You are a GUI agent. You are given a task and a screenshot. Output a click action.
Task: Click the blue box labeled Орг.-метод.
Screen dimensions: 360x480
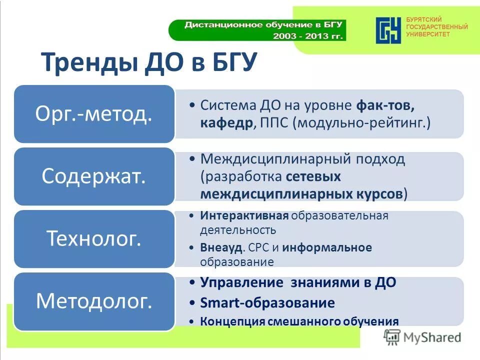93,114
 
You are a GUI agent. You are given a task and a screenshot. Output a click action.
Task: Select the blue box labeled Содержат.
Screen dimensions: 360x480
93,176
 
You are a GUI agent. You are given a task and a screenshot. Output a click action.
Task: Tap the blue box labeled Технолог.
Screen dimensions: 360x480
93,238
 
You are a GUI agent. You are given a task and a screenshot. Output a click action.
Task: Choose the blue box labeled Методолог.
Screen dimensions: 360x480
93,300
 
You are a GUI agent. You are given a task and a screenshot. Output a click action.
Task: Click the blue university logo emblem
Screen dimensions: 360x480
388,30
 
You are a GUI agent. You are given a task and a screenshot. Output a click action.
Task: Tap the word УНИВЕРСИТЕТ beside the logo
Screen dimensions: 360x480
428,34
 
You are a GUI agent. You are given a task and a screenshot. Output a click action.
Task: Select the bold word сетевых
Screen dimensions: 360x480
313,176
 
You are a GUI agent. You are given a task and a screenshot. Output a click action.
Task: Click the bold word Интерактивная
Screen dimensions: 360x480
244,216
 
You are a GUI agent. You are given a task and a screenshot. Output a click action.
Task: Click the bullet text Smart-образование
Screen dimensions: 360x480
267,302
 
